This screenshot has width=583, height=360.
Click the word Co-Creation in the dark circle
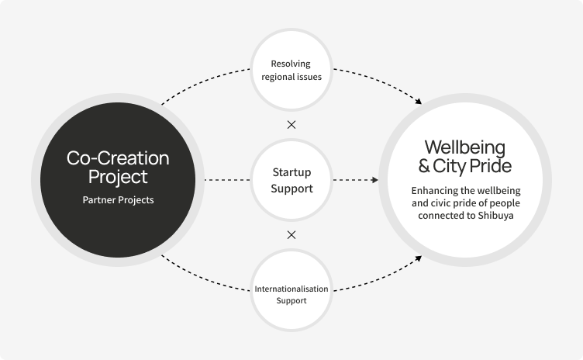pyautogui.click(x=118, y=158)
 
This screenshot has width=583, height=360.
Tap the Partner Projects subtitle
pyautogui.click(x=118, y=199)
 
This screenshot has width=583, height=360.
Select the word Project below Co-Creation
pyautogui.click(x=118, y=177)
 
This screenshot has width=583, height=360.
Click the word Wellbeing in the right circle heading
pyautogui.click(x=465, y=147)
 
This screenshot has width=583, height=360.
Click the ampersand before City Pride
pyautogui.click(x=424, y=166)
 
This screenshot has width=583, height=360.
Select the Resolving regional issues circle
pyautogui.click(x=291, y=70)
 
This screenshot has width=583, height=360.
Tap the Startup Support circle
pyautogui.click(x=291, y=179)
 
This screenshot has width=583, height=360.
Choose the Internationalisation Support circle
pyautogui.click(x=291, y=293)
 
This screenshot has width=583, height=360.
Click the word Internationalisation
pyautogui.click(x=291, y=289)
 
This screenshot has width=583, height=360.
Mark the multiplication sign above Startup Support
pyautogui.click(x=291, y=124)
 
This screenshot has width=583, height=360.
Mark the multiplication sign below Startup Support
pyautogui.click(x=291, y=234)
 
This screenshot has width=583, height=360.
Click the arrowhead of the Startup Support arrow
pyautogui.click(x=374, y=180)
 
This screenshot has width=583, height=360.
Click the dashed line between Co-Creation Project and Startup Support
pyautogui.click(x=225, y=180)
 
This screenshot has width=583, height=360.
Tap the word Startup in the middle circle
pyautogui.click(x=291, y=173)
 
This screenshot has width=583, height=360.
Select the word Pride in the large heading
pyautogui.click(x=493, y=166)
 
